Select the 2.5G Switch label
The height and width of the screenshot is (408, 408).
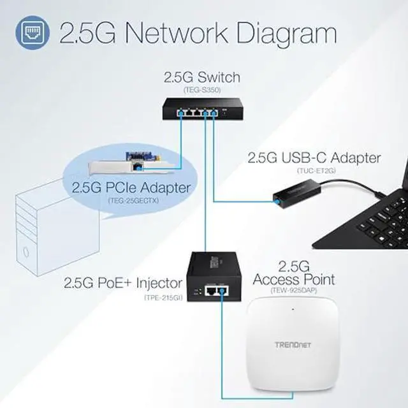click(x=202, y=78)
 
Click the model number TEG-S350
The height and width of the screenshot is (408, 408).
click(x=201, y=91)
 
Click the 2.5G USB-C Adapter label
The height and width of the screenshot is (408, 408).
click(x=314, y=157)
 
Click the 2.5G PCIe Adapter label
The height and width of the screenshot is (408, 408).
click(x=131, y=188)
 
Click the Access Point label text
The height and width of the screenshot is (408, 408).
click(x=294, y=279)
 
